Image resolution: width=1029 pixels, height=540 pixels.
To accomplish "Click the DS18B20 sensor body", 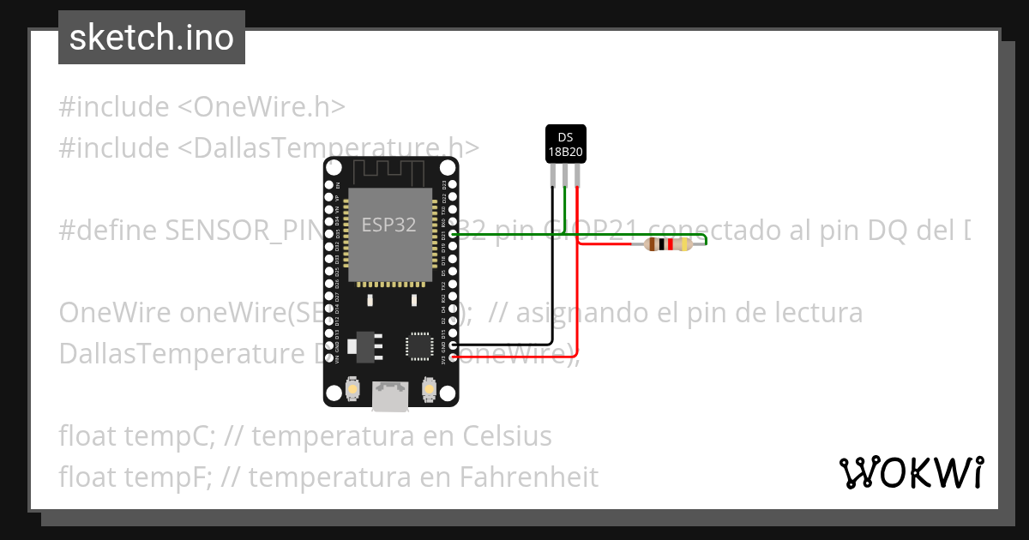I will (x=565, y=144).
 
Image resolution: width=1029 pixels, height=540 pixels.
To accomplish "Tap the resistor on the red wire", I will (x=668, y=245).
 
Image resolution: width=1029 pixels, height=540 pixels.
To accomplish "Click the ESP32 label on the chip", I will (x=388, y=225).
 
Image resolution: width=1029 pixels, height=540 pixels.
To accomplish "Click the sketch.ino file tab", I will (x=152, y=38).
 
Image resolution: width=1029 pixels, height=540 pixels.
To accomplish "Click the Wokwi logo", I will (x=911, y=472).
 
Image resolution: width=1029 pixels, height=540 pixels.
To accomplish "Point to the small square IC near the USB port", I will (x=419, y=345).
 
